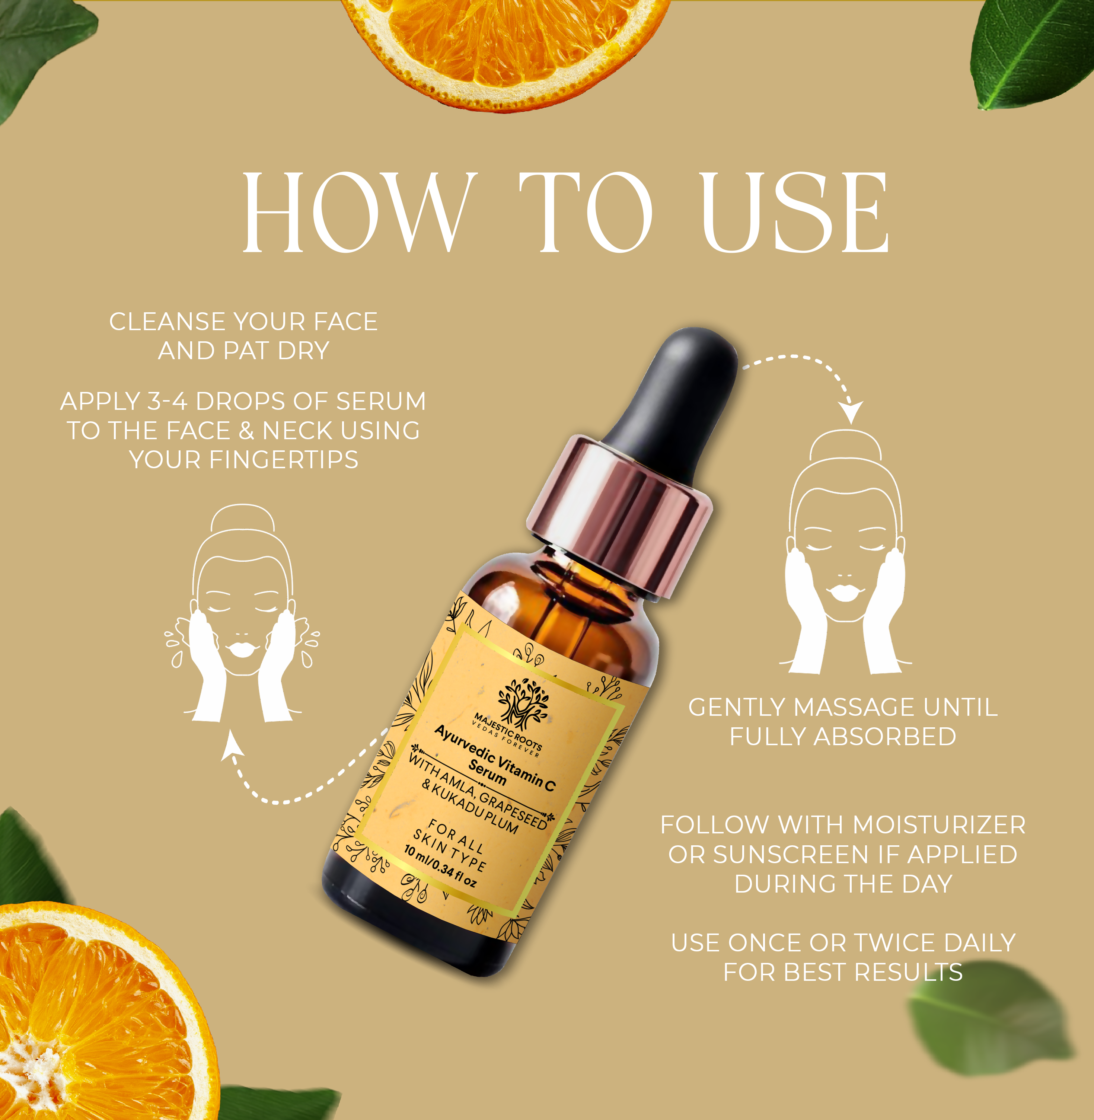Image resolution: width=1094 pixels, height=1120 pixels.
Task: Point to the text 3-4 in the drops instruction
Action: coord(167,401)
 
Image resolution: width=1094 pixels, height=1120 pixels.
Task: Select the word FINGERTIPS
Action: coord(284,460)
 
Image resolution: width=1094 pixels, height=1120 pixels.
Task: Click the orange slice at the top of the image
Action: coord(505,46)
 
